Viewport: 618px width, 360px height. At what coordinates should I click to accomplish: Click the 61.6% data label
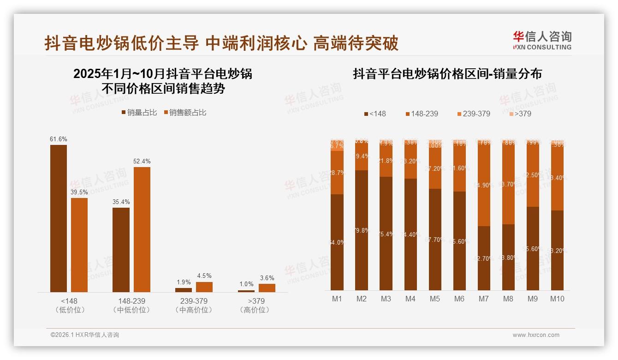pyautogui.click(x=59, y=139)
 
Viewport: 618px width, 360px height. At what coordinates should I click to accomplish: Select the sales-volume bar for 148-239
pyautogui.click(x=121, y=250)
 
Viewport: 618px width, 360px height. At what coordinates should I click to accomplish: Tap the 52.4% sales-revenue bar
pyautogui.click(x=142, y=229)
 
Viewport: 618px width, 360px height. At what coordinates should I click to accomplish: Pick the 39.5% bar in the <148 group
pyautogui.click(x=79, y=245)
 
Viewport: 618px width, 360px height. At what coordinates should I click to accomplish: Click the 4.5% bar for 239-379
pyautogui.click(x=204, y=287)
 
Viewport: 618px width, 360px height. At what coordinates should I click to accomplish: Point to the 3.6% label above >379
pyautogui.click(x=267, y=278)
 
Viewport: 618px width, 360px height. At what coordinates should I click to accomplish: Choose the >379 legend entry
pyautogui.click(x=520, y=114)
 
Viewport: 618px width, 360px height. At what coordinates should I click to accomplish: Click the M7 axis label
pyautogui.click(x=483, y=299)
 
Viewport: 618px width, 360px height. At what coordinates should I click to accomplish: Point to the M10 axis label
pyautogui.click(x=557, y=299)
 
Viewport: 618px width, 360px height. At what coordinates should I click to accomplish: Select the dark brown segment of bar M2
pyautogui.click(x=362, y=230)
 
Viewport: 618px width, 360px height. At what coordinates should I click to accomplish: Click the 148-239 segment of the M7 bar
pyautogui.click(x=484, y=185)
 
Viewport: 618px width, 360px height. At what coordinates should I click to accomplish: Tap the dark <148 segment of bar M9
pyautogui.click(x=533, y=248)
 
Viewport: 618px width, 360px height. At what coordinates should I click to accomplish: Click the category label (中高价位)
pyautogui.click(x=194, y=310)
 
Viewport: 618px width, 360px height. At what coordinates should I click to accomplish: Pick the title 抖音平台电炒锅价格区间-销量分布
pyautogui.click(x=447, y=74)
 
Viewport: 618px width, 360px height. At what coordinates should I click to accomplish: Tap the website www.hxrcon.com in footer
pyautogui.click(x=536, y=335)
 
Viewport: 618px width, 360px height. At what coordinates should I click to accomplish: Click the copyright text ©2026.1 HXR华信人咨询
pyautogui.click(x=85, y=335)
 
